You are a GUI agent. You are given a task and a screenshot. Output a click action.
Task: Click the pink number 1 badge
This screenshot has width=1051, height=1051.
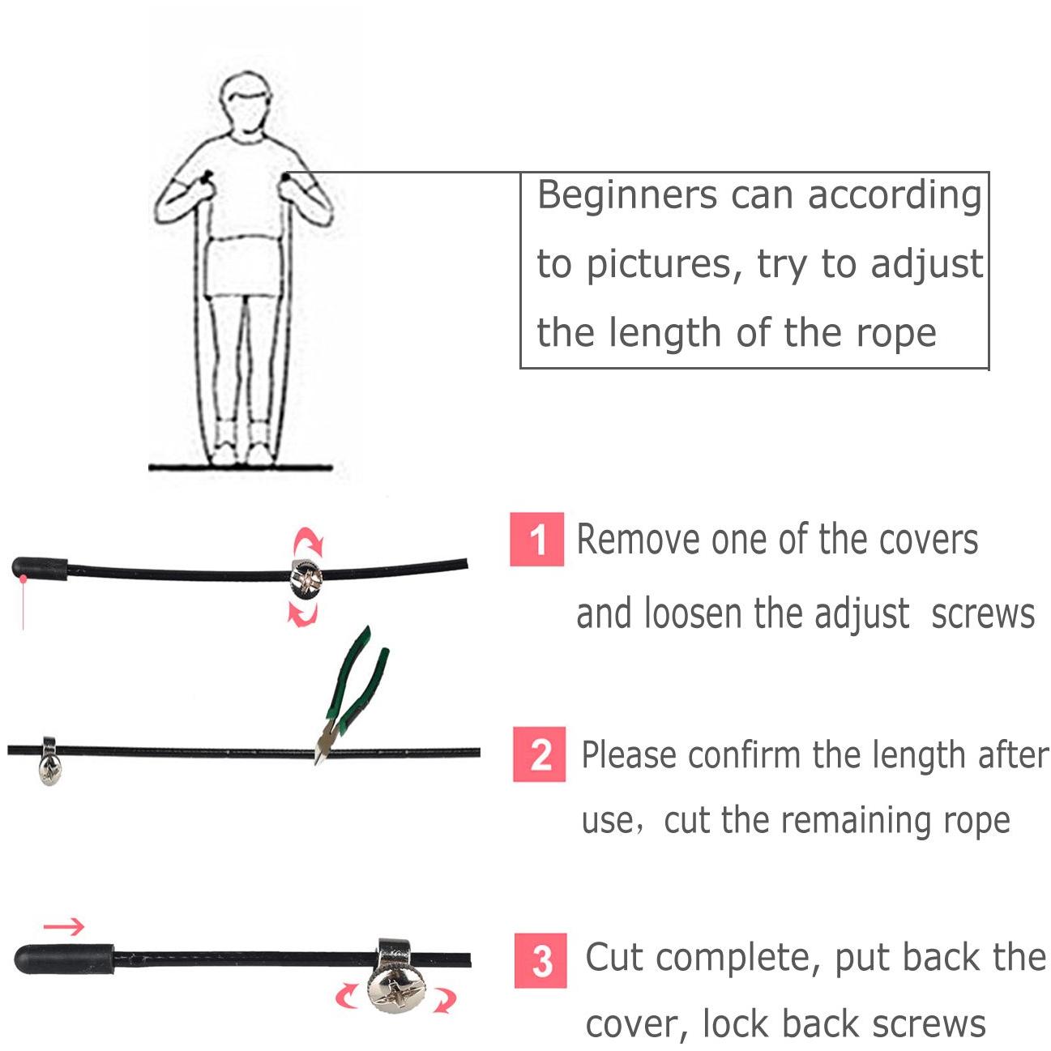pos(536,540)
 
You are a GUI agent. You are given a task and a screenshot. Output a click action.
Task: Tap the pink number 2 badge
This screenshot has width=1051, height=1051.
pos(540,755)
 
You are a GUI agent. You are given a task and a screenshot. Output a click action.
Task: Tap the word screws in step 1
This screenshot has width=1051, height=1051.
pos(983,613)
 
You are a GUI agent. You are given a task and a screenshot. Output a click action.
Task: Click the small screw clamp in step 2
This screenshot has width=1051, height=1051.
pos(49,761)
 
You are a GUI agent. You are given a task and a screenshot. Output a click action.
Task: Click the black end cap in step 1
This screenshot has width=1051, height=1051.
pos(39,568)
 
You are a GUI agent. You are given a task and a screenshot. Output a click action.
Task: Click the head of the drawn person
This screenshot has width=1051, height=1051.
pos(246,104)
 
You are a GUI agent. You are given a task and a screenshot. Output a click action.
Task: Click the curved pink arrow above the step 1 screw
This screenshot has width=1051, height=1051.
pos(309,540)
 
